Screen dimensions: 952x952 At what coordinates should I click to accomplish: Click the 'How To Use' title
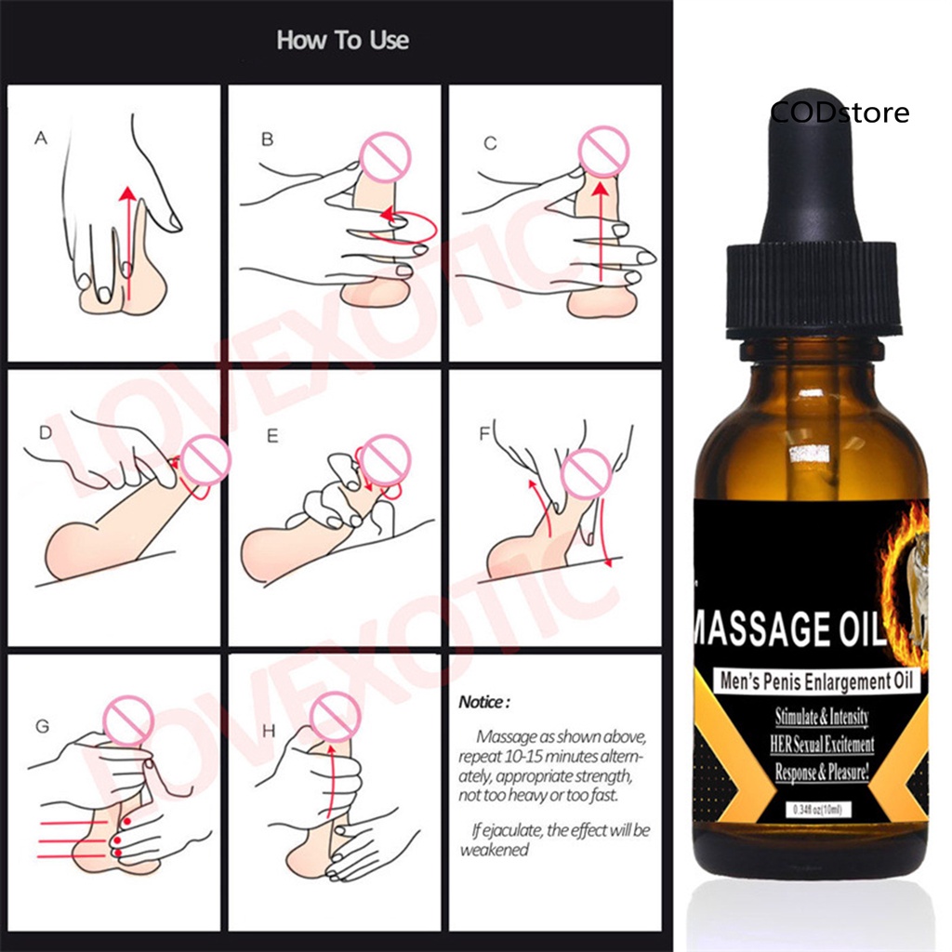[342, 41]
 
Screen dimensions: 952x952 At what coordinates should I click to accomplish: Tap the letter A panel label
[40, 139]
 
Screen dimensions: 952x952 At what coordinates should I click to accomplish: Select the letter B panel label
[267, 139]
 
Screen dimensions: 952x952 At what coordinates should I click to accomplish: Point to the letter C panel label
[490, 143]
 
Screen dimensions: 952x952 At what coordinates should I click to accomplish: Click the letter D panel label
[44, 432]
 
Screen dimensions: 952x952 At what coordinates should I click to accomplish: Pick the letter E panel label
[272, 433]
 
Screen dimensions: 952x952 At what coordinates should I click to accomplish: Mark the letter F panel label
[483, 433]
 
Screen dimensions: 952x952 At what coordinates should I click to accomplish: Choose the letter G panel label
[42, 726]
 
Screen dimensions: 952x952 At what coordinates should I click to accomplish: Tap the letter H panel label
[269, 732]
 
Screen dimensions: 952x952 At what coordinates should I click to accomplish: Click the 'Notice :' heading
[484, 702]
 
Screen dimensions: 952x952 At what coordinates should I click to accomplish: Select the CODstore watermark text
[840, 113]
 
